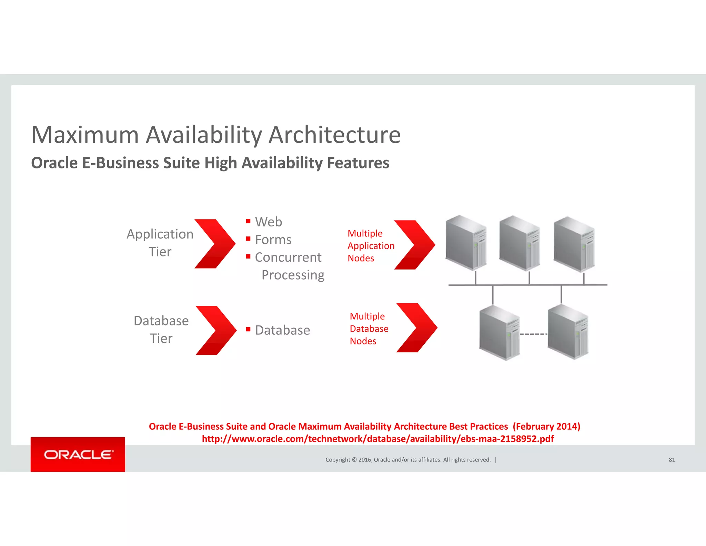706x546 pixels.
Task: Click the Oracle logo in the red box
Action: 78,455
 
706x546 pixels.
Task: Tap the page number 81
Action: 672,460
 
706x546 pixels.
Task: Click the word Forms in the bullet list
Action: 273,240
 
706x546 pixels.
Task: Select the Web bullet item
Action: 269,222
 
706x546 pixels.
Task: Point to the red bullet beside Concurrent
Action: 248,256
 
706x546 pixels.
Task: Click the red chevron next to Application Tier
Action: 215,244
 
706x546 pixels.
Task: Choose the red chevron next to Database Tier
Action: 216,330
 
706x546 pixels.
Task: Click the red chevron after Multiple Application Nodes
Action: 414,245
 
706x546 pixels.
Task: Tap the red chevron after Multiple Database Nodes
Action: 416,328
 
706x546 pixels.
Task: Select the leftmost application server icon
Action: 466,242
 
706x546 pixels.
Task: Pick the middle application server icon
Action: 519,243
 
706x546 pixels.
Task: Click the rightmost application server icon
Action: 574,244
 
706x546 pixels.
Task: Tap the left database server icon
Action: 499,333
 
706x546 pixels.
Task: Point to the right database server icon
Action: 568,332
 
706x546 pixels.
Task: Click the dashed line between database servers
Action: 533,334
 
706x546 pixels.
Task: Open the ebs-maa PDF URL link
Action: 377,439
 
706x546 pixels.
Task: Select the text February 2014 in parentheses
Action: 546,427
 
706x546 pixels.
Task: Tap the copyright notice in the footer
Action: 408,460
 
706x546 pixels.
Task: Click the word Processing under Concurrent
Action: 293,275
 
